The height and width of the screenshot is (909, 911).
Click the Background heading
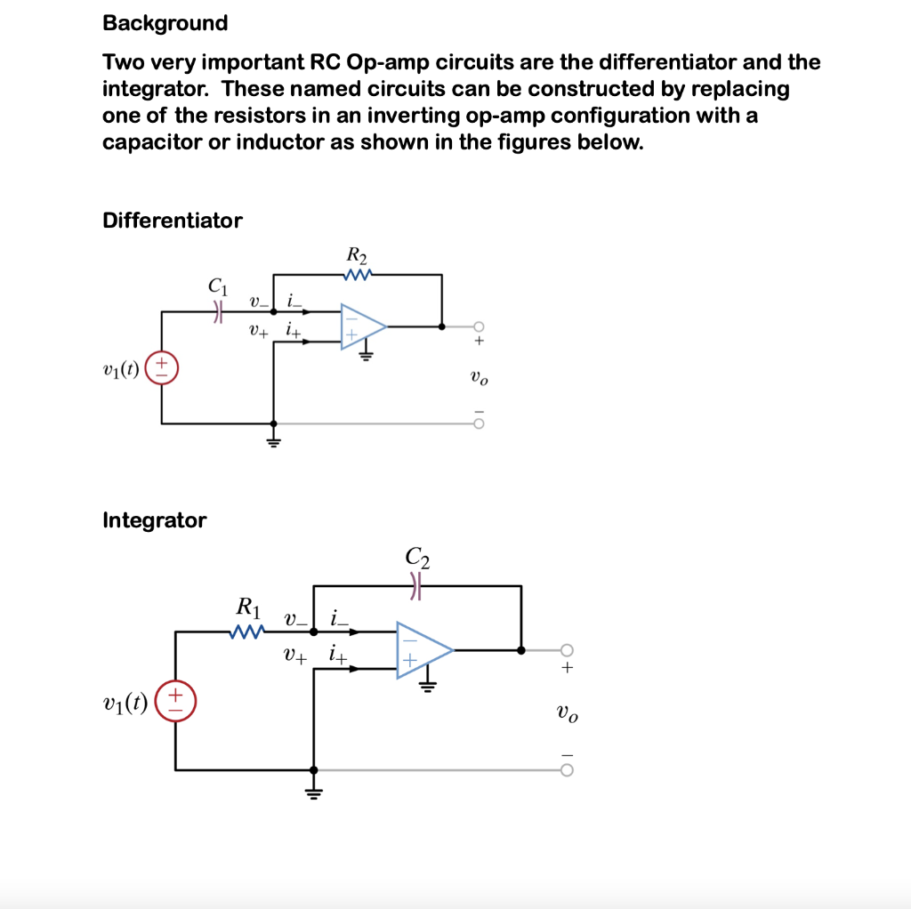click(165, 23)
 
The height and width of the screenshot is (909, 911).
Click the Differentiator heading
click(173, 221)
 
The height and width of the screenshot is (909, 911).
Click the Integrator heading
click(155, 520)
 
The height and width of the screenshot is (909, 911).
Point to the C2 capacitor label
click(417, 558)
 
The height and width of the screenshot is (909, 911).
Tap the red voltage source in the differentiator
click(162, 366)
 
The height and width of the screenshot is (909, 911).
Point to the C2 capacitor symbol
click(417, 585)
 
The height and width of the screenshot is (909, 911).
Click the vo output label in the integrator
click(567, 712)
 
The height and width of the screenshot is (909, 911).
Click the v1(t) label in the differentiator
click(122, 366)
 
